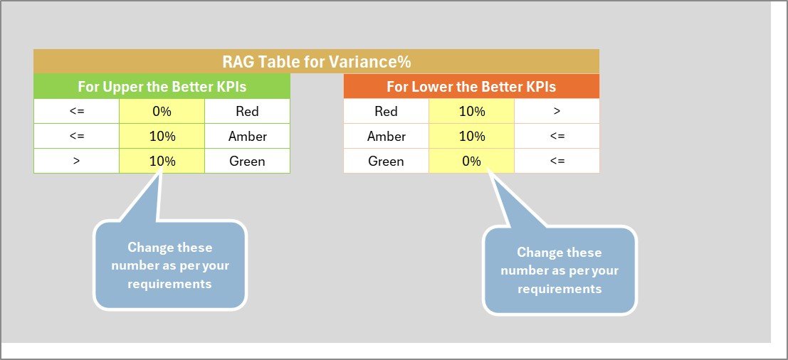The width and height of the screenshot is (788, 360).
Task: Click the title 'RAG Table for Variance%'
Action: pos(316,61)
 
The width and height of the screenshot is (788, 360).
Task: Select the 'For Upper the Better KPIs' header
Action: pos(162,87)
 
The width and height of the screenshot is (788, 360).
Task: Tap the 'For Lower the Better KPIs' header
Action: pos(471,87)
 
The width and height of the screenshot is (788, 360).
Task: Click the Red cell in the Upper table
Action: pos(247,111)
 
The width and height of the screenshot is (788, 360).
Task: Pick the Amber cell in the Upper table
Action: pos(247,136)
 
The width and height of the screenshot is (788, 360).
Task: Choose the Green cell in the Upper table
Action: pos(247,161)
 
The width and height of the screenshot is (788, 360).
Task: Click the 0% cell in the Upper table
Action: pos(162,111)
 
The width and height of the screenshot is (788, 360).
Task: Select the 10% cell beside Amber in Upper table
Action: pos(162,136)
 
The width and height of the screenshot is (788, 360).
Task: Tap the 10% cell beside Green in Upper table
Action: pos(162,161)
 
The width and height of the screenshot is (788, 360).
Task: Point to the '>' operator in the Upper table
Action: pos(76,161)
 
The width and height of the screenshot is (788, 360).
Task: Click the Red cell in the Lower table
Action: pos(386,111)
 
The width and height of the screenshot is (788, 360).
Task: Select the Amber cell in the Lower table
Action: pos(386,136)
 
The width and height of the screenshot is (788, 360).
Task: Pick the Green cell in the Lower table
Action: pos(386,161)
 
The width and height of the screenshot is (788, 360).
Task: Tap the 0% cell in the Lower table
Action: pos(471,161)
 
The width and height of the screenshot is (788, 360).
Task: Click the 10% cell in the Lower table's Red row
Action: pos(471,111)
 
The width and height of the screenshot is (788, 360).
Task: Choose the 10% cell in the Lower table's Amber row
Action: pos(471,136)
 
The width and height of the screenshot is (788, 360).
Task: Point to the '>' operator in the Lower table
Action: pos(557,111)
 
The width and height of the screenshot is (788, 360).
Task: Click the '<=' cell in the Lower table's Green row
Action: pos(557,161)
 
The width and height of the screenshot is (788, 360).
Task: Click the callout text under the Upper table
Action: pos(170,265)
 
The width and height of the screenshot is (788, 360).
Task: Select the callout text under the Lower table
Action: pos(560,270)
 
